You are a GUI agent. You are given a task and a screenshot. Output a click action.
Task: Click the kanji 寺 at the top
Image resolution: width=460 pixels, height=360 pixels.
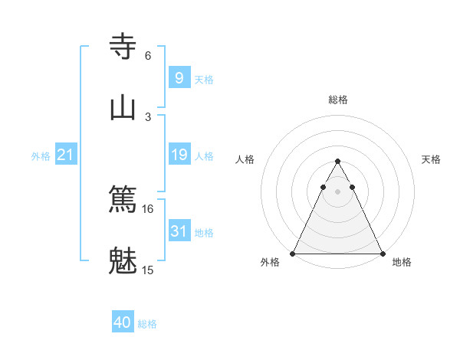pyautogui.click(x=123, y=45)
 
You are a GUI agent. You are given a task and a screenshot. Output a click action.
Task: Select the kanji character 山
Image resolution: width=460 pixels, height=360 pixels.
pyautogui.click(x=123, y=106)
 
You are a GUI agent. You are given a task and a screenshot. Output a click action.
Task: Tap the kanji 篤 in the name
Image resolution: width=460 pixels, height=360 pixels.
pyautogui.click(x=123, y=199)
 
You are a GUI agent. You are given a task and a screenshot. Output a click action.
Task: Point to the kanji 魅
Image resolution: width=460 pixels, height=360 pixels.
pyautogui.click(x=123, y=260)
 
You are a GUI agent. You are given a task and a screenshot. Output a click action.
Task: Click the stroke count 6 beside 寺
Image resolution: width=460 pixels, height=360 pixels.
pyautogui.click(x=148, y=55)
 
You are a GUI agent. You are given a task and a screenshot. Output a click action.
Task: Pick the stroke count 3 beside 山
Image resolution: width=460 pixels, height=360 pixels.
pyautogui.click(x=148, y=116)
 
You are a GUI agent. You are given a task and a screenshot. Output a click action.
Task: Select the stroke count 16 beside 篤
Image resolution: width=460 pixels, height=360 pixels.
pyautogui.click(x=148, y=208)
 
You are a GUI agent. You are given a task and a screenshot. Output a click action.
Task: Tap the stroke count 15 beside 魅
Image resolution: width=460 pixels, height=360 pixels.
pyautogui.click(x=148, y=270)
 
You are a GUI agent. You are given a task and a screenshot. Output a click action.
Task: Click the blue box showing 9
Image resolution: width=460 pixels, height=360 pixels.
pyautogui.click(x=179, y=78)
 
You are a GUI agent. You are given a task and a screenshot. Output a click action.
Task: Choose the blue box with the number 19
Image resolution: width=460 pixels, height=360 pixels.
pyautogui.click(x=179, y=155)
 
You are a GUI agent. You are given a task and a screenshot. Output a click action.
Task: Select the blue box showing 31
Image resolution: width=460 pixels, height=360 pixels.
pyautogui.click(x=179, y=231)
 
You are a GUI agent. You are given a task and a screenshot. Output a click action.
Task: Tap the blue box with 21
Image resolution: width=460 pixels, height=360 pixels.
pyautogui.click(x=66, y=155)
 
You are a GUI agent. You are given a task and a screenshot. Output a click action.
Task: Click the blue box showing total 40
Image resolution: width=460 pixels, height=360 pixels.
pyautogui.click(x=123, y=322)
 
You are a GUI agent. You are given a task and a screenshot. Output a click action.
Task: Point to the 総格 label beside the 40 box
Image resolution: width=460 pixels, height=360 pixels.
pyautogui.click(x=147, y=324)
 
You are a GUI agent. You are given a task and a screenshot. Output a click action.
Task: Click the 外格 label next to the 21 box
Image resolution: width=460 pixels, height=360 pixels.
pyautogui.click(x=41, y=156)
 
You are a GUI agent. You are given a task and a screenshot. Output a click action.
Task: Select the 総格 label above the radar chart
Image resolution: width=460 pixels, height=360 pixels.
pyautogui.click(x=337, y=100)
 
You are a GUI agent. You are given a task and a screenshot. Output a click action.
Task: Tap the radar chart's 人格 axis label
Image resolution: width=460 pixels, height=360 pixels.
pyautogui.click(x=245, y=159)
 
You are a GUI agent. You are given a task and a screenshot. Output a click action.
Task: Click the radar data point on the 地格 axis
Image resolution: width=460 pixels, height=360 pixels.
pyautogui.click(x=382, y=253)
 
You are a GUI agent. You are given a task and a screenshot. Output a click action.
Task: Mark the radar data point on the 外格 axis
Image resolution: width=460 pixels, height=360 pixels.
pyautogui.click(x=293, y=253)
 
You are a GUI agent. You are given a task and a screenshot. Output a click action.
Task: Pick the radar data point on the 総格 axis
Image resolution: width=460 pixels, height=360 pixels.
pyautogui.click(x=337, y=162)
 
